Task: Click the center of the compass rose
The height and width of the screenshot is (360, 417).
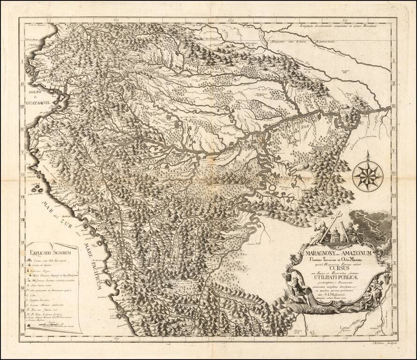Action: point(368,176)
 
